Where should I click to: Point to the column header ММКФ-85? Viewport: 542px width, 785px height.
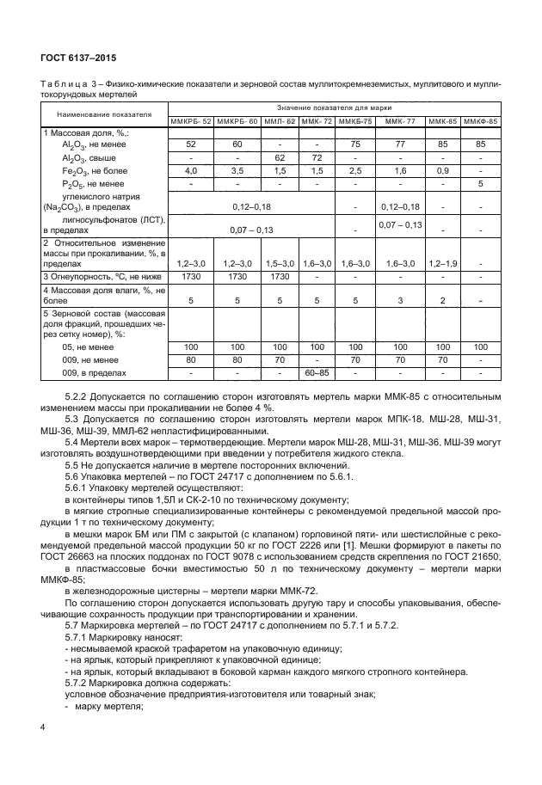point(480,121)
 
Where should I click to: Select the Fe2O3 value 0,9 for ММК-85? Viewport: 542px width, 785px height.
point(442,171)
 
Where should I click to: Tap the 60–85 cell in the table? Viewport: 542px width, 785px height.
point(317,373)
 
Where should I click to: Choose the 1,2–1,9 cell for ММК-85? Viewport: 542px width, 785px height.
point(442,262)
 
